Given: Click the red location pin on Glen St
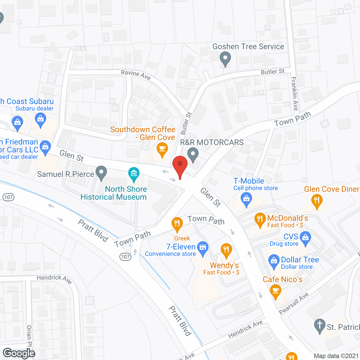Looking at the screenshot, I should (180, 165).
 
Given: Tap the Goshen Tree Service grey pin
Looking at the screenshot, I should (225, 59).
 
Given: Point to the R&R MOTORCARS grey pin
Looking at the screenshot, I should (193, 154).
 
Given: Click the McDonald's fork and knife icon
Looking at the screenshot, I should (260, 219).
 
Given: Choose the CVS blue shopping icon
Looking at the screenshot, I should (305, 237).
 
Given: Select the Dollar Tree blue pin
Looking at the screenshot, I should (274, 261).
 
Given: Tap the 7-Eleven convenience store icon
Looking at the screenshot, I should (203, 248).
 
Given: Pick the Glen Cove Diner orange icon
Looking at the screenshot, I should (317, 201).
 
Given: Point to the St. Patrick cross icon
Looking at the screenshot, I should (320, 326).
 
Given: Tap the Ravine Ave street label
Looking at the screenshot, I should (136, 74).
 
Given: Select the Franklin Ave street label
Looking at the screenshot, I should (294, 94).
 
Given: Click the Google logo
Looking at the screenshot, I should (19, 353).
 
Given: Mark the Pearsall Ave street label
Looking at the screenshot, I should (294, 303).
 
